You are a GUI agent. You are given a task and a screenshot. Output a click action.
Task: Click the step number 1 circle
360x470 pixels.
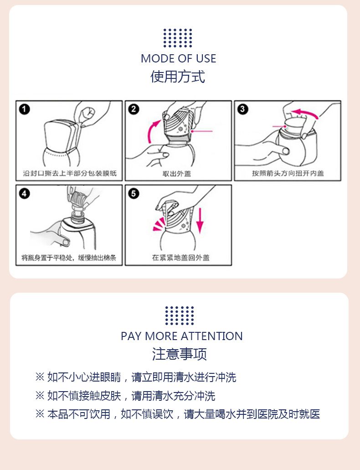(25, 109)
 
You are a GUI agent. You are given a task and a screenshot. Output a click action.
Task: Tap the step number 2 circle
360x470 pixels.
(134, 109)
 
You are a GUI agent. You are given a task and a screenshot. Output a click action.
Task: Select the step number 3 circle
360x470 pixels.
(243, 109)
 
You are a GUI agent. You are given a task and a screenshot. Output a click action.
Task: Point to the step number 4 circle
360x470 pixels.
(25, 193)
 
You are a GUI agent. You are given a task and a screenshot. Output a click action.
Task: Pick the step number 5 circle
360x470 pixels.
(134, 193)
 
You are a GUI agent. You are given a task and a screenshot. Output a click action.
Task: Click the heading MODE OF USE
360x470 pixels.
(178, 58)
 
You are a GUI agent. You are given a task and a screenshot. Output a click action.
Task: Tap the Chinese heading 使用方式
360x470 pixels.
(178, 77)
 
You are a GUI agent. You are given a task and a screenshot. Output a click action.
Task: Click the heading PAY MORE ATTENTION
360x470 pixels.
(182, 336)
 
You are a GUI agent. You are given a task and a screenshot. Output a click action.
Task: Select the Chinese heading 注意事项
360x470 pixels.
(179, 354)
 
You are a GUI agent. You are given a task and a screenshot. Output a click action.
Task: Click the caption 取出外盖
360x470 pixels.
(176, 174)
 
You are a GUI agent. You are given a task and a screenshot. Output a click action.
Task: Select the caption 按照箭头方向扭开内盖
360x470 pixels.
(288, 173)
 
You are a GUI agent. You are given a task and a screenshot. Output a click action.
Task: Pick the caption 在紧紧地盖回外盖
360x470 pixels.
(180, 258)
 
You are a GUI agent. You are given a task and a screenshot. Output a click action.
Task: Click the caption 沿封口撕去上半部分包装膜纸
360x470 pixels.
(70, 173)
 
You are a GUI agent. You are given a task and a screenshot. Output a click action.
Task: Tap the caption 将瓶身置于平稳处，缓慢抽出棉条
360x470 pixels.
(69, 258)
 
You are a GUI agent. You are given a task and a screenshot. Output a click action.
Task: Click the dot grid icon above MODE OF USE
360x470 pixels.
(178, 38)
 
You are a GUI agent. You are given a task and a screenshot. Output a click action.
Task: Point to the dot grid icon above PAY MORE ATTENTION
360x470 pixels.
(180, 315)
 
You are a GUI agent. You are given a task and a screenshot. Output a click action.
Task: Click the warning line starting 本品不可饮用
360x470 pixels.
(177, 414)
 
